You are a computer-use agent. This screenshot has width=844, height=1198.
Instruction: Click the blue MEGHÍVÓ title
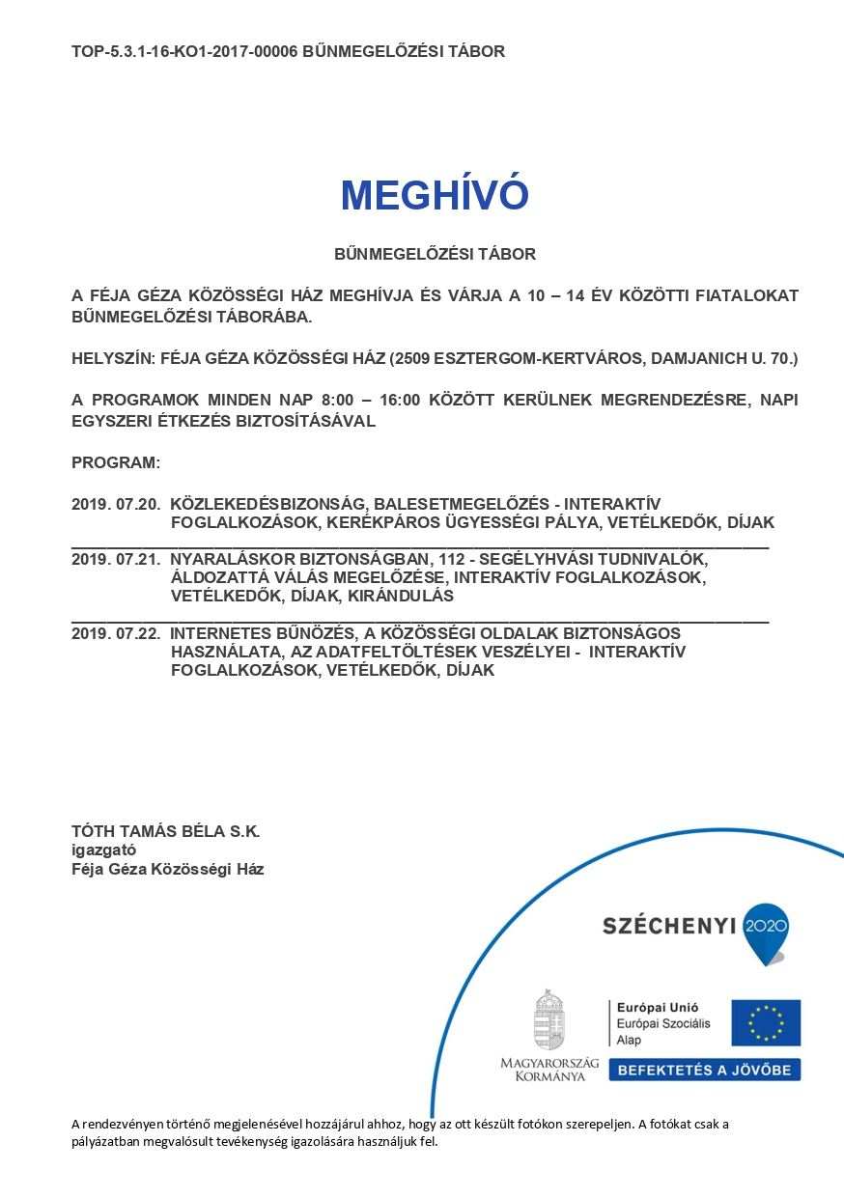click(435, 196)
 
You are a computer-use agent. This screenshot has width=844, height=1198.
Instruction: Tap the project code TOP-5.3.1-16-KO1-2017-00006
click(184, 51)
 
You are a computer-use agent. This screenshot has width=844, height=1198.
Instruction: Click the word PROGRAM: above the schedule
click(116, 462)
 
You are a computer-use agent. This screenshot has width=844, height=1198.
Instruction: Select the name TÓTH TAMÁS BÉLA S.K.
click(166, 831)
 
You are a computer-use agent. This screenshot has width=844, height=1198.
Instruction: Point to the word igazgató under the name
click(103, 850)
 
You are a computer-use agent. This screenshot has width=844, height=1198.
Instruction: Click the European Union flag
click(766, 1022)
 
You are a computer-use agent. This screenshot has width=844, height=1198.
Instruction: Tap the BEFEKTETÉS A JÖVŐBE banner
click(704, 1070)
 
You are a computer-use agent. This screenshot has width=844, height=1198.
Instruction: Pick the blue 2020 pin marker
click(767, 931)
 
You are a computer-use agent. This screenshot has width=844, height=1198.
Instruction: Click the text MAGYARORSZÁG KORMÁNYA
click(549, 1070)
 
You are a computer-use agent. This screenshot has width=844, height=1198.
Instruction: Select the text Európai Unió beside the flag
click(651, 1007)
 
